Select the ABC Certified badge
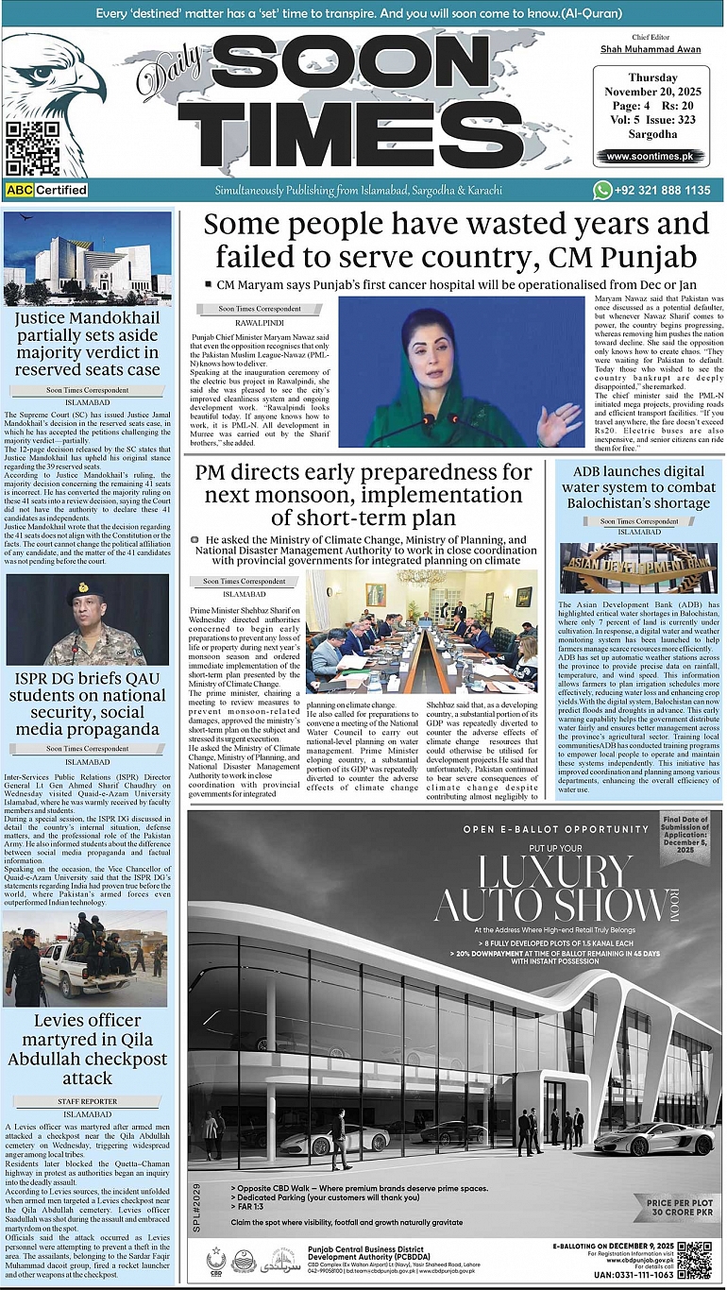click(x=46, y=190)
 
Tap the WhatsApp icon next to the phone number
click(x=602, y=190)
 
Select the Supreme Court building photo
click(x=88, y=259)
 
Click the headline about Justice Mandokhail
click(x=88, y=344)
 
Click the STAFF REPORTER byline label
click(x=88, y=1101)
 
